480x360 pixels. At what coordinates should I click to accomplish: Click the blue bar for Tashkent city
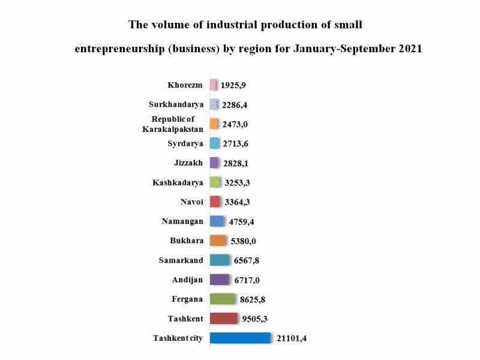coord(240,338)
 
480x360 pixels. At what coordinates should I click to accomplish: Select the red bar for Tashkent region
coord(224,318)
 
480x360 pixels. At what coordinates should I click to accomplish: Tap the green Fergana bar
coord(223,299)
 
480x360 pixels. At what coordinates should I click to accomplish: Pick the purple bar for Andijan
coord(220,280)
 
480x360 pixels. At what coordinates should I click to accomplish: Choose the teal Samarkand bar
coord(220,260)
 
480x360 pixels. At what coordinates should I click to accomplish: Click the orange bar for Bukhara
coord(218,241)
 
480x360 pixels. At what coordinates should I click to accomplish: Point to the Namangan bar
coord(217,221)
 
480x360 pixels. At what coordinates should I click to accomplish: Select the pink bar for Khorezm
coord(213,85)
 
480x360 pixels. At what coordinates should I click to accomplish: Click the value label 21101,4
coord(292,339)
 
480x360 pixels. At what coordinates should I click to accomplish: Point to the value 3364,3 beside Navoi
coord(239,202)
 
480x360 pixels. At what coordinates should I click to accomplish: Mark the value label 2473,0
coord(235,125)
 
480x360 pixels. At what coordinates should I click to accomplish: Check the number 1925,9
coord(233,86)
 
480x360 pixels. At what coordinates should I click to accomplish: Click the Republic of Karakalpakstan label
coord(173,124)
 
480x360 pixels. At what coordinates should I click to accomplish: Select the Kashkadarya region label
coord(178,182)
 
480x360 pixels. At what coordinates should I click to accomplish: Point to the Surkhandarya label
coord(176,104)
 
